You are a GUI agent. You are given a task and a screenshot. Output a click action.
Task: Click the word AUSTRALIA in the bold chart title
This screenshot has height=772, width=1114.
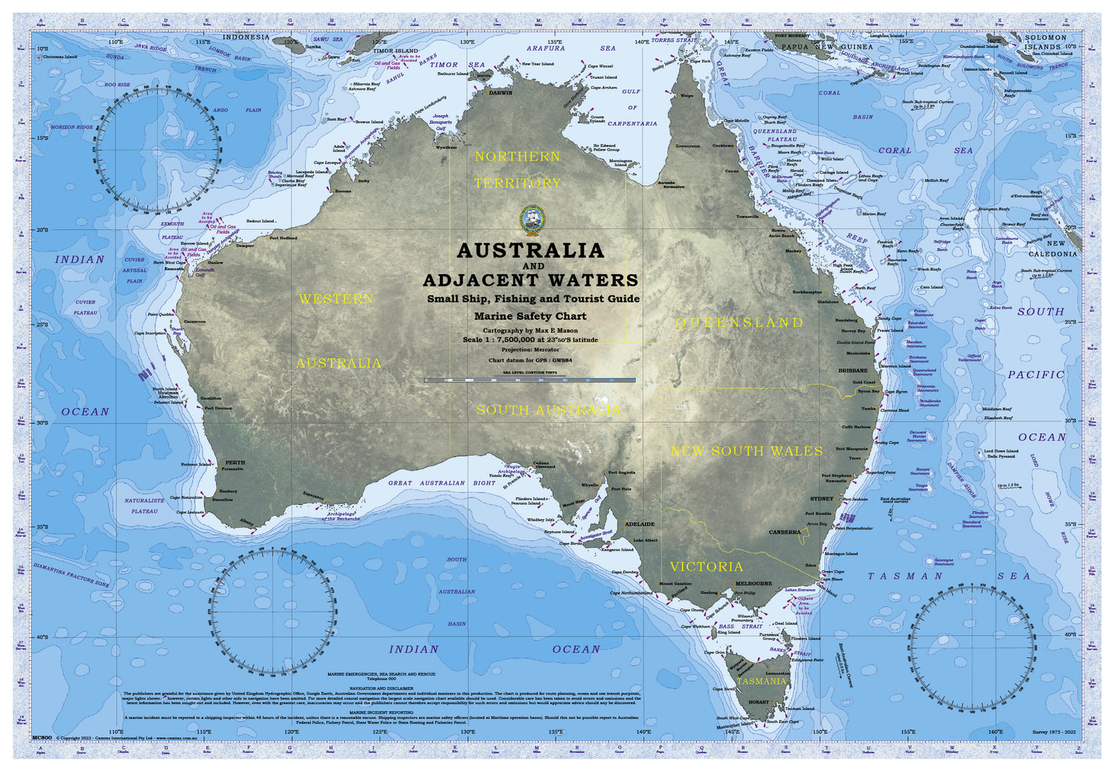(530, 250)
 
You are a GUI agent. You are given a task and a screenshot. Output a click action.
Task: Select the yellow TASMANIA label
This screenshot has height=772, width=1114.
(761, 681)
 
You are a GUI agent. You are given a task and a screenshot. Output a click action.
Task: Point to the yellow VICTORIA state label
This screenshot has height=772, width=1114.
(706, 566)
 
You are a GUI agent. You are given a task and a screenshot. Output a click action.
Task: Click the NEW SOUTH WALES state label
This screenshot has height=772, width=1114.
(746, 451)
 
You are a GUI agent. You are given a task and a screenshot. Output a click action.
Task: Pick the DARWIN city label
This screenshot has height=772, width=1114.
(501, 94)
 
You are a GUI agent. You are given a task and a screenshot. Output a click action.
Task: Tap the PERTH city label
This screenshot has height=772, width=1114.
(235, 463)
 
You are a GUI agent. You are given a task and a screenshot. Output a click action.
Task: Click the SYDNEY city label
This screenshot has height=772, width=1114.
(822, 499)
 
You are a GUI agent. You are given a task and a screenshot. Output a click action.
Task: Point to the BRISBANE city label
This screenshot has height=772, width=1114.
(852, 371)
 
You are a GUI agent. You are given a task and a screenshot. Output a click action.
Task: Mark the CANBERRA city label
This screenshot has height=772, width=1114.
(784, 532)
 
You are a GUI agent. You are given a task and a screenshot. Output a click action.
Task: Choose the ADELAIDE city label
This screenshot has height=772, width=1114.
(640, 524)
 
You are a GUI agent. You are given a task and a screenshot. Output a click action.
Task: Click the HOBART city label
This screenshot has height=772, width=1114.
(758, 702)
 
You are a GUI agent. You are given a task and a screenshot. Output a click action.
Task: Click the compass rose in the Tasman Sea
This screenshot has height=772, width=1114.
(974, 648)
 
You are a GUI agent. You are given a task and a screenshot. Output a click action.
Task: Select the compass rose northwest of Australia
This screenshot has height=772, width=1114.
(157, 147)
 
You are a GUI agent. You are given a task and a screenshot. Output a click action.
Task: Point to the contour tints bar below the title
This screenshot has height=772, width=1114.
(530, 380)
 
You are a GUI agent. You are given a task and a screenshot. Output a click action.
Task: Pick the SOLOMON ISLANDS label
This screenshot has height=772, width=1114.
(1045, 41)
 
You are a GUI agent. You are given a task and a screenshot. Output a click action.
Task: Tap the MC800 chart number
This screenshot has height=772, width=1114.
(42, 737)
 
